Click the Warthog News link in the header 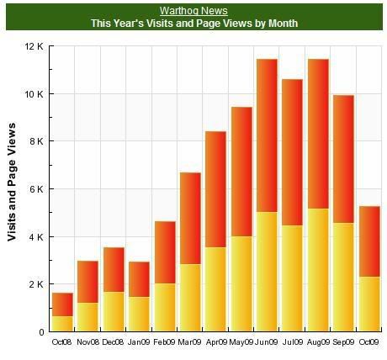pos(193,11)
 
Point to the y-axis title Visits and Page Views pos(12,182)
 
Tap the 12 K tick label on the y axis pos(34,46)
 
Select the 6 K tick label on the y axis pos(35,189)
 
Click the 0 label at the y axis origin pos(41,332)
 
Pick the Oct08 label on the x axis pos(62,342)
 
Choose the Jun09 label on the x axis pos(267,342)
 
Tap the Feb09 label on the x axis pos(165,342)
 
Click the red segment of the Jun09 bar pos(267,135)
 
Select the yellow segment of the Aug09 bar pos(318,270)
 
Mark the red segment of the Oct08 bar pos(62,304)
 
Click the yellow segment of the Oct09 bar pos(369,304)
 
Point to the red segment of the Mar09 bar pos(190,219)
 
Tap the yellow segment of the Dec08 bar pos(114,311)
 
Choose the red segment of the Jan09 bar pos(139,279)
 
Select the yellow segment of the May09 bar pos(241,283)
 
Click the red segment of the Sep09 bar pos(343,159)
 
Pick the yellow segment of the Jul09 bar pos(292,278)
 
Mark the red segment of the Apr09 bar pos(215,189)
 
